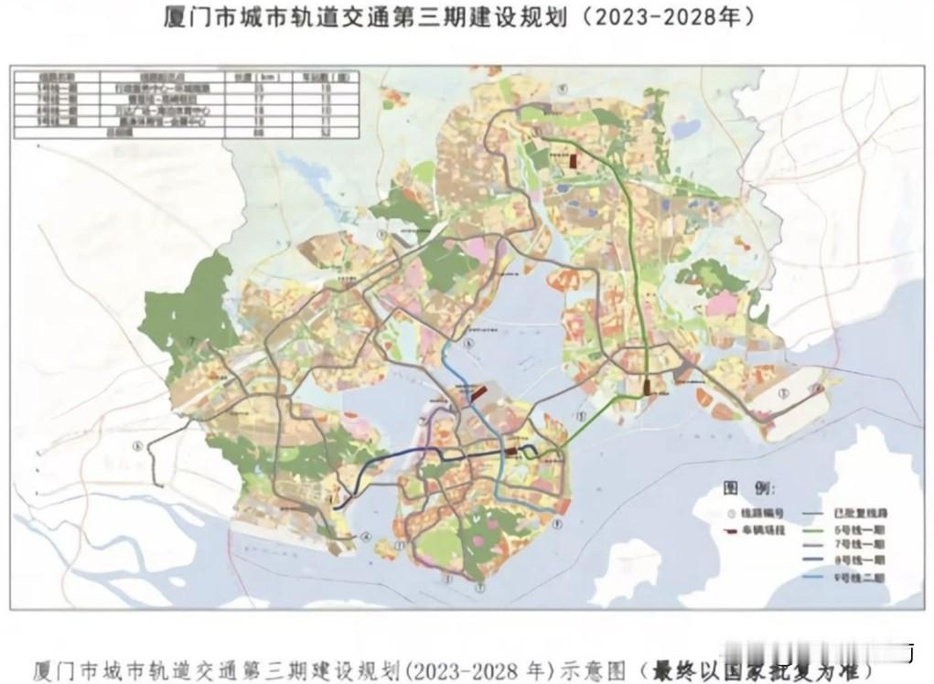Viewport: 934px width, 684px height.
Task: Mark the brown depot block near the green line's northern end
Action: (574, 161)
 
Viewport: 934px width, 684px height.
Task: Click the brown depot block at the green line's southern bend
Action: (647, 387)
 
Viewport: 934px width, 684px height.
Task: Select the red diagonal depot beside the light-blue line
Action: (478, 393)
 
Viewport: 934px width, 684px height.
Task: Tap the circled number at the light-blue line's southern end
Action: (557, 524)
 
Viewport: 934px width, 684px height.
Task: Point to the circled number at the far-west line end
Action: (138, 446)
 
